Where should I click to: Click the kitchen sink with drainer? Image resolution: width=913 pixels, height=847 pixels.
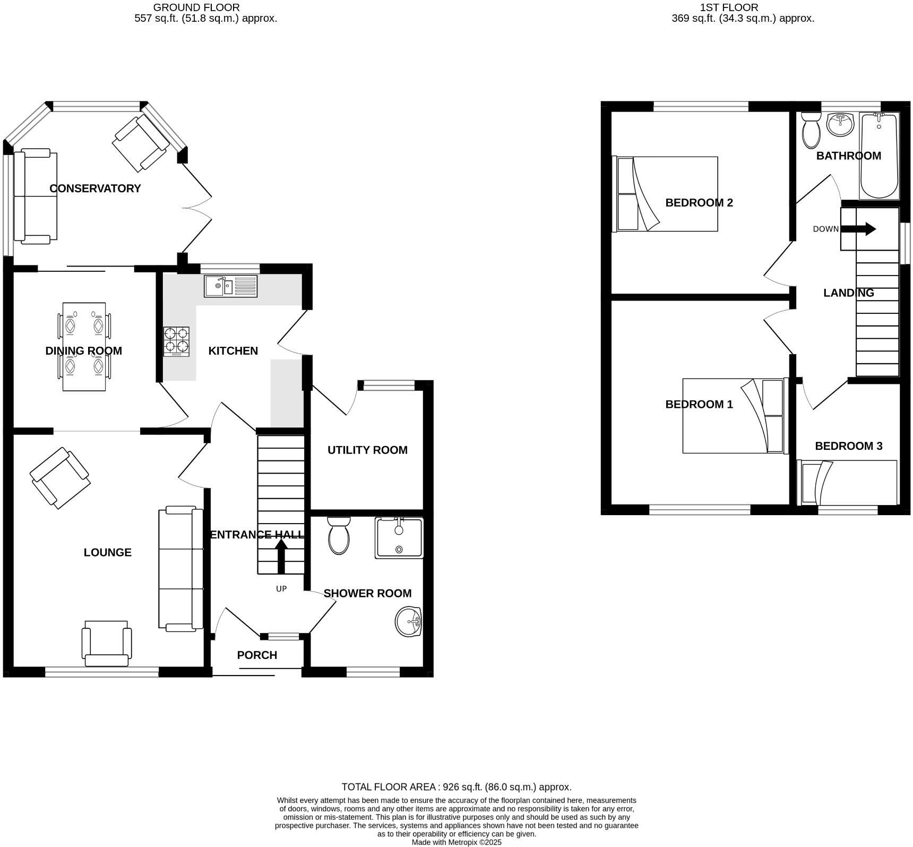tap(230, 286)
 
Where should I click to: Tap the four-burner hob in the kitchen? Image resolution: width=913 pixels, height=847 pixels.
tap(176, 341)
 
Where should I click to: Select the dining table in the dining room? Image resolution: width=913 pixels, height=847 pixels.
tap(84, 346)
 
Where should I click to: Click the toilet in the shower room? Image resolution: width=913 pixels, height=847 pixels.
tap(339, 536)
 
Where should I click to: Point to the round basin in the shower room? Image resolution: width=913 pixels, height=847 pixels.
tap(408, 621)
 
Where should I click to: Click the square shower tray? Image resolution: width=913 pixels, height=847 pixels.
tap(399, 538)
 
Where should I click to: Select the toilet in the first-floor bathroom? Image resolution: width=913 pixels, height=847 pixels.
tap(811, 130)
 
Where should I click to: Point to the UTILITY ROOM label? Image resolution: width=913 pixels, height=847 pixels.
tap(367, 450)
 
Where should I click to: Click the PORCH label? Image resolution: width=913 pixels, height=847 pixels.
tap(257, 655)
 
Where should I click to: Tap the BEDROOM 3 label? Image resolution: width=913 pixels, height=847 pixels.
tap(848, 446)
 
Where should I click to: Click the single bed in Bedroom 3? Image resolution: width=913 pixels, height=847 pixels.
tap(847, 482)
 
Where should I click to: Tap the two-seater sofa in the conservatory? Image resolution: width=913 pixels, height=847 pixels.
tap(35, 196)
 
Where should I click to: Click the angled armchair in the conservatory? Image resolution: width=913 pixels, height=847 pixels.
tap(141, 143)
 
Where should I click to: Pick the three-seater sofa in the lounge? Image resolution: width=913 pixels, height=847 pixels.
tap(180, 569)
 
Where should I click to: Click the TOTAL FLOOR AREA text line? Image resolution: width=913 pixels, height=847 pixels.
tap(456, 787)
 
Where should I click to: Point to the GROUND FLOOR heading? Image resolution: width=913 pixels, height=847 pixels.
tap(196, 7)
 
